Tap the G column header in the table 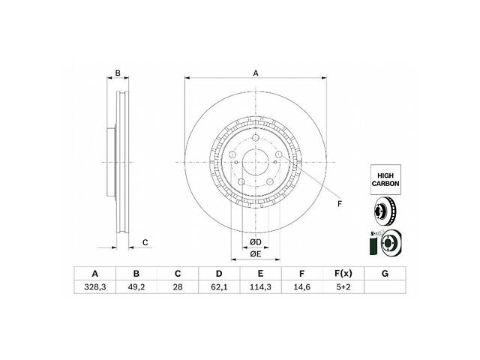click(x=384, y=274)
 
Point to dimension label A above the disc click(x=256, y=73)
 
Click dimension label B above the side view click(x=117, y=73)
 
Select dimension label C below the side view click(x=145, y=241)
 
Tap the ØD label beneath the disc click(x=255, y=241)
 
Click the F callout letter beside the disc click(x=339, y=204)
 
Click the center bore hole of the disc click(x=255, y=162)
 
